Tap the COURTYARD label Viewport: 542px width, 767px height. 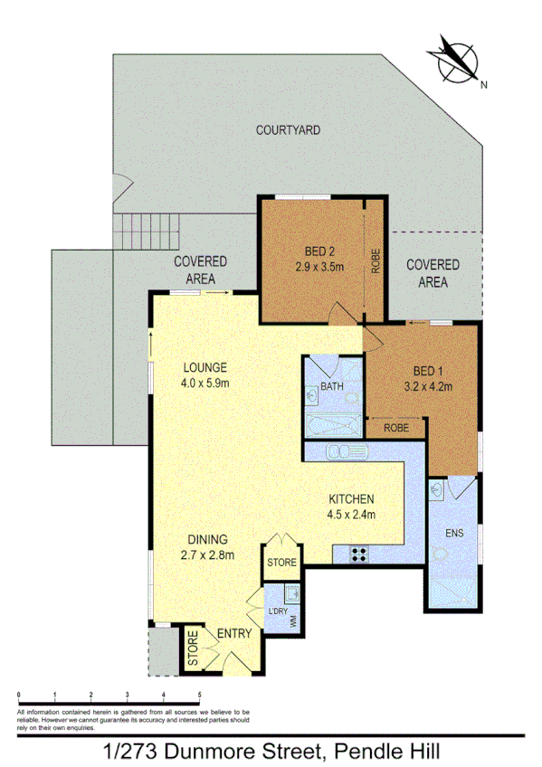pos(288,130)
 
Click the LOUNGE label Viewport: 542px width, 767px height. pos(204,368)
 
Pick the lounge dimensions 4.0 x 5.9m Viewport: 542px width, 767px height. pos(204,383)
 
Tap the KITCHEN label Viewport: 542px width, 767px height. pos(351,499)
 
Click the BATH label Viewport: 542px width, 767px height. pos(332,387)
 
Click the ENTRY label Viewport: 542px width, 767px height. pos(233,634)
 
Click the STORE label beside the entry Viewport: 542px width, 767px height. pos(194,649)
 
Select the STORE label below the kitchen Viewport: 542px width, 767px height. pos(281,563)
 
